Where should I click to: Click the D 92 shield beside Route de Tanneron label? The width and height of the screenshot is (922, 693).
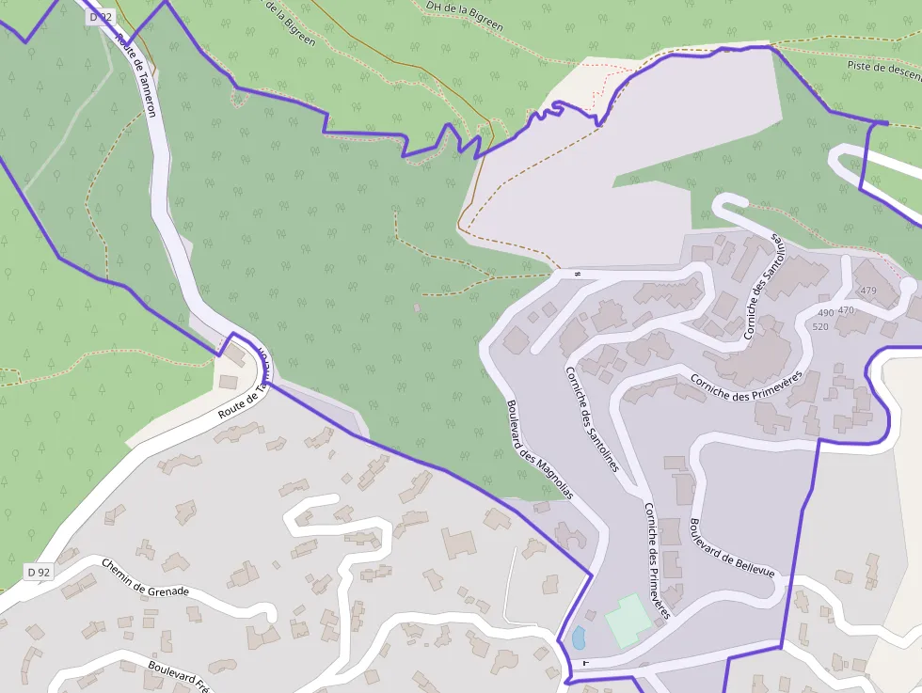point(100,17)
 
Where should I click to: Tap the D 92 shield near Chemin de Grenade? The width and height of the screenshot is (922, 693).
point(39,571)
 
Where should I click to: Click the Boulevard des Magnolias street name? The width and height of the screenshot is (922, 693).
point(540,449)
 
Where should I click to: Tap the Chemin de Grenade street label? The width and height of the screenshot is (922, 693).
point(145,578)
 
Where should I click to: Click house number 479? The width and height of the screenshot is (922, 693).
point(867,291)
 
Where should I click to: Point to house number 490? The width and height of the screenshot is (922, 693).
point(825,312)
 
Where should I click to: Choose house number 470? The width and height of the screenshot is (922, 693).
point(846,309)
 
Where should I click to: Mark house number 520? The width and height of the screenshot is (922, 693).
point(819,326)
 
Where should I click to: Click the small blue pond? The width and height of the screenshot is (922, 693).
point(578,638)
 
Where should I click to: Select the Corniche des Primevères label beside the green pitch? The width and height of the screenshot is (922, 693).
point(656,560)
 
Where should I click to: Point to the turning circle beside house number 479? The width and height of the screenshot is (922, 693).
point(907,284)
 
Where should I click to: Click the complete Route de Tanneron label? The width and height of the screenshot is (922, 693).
point(137,76)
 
